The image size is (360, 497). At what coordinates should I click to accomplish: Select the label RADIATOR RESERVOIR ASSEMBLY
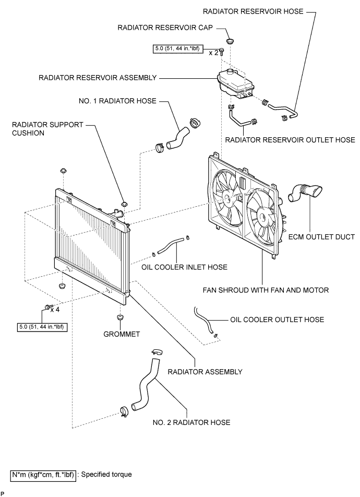[x=98, y=78]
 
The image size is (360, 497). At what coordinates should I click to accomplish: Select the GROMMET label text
[x=121, y=334]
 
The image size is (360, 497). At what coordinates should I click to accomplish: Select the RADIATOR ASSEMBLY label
[x=205, y=372]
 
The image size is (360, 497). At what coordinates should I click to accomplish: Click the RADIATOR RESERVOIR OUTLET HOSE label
[x=290, y=140]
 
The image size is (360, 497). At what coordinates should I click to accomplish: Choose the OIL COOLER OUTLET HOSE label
[x=277, y=319]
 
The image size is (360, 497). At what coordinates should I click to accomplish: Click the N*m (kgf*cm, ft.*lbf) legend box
[x=43, y=475]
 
